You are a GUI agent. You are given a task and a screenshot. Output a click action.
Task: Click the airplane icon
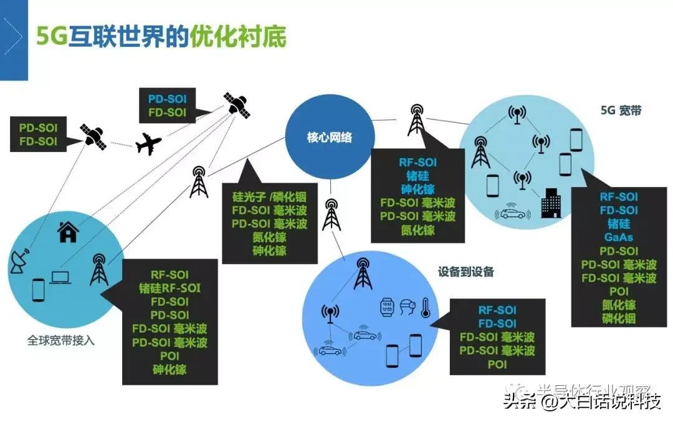tap(148, 144)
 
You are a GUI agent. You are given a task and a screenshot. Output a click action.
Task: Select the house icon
tap(68, 233)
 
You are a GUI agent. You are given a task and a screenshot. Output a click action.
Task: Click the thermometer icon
tap(426, 307)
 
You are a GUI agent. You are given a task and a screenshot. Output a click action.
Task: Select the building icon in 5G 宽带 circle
tap(551, 203)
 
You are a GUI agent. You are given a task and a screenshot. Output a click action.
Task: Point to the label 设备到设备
tap(465, 272)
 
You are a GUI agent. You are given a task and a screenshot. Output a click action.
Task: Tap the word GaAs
tap(618, 237)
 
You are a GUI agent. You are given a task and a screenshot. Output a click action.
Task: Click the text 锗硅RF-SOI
tap(169, 288)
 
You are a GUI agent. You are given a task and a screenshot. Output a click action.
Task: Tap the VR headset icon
tap(407, 307)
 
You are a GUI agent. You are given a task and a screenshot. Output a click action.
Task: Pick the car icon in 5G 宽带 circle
tap(512, 212)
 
